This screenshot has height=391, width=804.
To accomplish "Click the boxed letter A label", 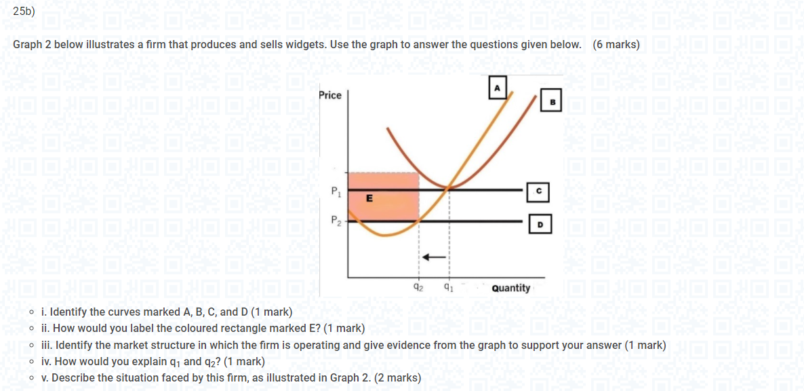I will click(497, 88).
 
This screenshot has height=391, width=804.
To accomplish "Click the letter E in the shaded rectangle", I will click(369, 198).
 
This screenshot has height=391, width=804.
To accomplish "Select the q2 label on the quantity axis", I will click(419, 287).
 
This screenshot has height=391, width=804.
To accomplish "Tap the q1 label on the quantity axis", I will click(448, 287).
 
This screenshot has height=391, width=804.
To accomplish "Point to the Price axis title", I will click(330, 95).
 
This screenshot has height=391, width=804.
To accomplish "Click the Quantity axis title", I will click(511, 288).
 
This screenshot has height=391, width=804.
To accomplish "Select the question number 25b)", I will click(24, 12).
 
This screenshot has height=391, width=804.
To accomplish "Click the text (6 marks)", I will click(616, 45).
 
